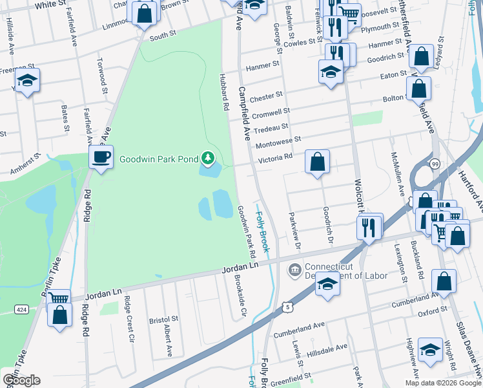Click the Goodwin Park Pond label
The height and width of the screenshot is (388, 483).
pyautogui.click(x=158, y=157)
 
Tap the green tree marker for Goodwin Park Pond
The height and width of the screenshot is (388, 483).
pyautogui.click(x=208, y=157)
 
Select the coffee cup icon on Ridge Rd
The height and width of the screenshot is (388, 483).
pyautogui.click(x=101, y=156)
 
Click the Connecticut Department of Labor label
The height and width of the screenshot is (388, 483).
pyautogui.click(x=346, y=271)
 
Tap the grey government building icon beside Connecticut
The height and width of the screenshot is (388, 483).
pyautogui.click(x=296, y=268)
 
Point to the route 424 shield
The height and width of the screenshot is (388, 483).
pyautogui.click(x=22, y=310)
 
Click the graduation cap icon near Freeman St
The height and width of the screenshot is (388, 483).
pyautogui.click(x=28, y=80)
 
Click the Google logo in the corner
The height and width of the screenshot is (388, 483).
pyautogui.click(x=21, y=380)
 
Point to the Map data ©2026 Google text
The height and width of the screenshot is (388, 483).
pyautogui.click(x=443, y=383)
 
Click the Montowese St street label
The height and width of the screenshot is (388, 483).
pyautogui.click(x=278, y=140)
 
